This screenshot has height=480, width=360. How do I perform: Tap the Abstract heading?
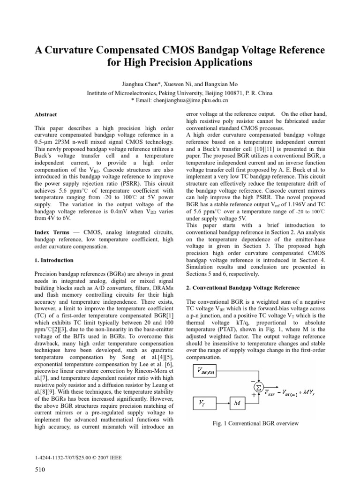pyautogui.click(x=46, y=114)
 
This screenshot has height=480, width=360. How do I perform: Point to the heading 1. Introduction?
pyautogui.click(x=54, y=260)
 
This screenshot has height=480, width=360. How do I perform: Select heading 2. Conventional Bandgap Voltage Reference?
pyautogui.click(x=243, y=287)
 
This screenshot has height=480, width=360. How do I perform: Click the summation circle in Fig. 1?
pyautogui.click(x=258, y=387)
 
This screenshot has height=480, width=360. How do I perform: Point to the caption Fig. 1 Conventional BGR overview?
pyautogui.click(x=255, y=424)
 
